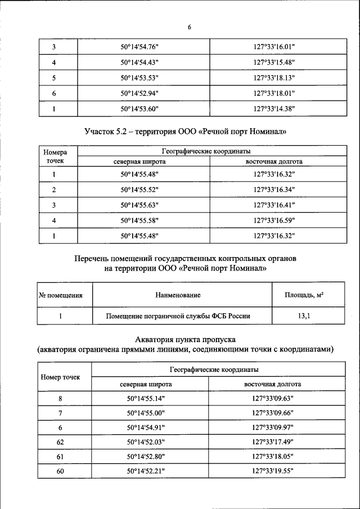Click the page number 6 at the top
pos(190,28)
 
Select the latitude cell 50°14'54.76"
pos(139,47)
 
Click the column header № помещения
pos(60,295)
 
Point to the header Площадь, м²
pos(308,295)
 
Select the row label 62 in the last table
pos(60,442)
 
